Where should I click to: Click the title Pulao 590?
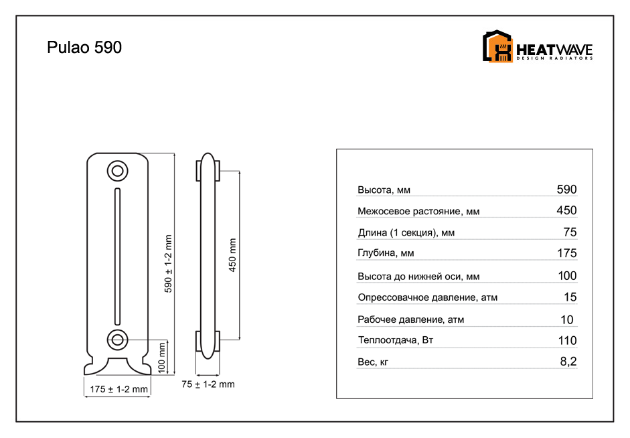(x=84, y=48)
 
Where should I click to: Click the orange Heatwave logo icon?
(x=497, y=46)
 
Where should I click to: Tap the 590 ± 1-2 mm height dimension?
(x=168, y=264)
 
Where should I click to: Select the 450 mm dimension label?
(x=232, y=255)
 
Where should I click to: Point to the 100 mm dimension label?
(x=162, y=357)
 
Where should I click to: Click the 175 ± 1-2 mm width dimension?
(x=119, y=389)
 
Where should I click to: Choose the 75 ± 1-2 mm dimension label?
(x=208, y=384)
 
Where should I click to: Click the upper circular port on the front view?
(x=117, y=171)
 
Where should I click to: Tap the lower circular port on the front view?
(x=117, y=340)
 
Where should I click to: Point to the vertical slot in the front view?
(x=117, y=257)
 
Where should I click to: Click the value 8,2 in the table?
(x=568, y=361)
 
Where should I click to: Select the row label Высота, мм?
(x=384, y=190)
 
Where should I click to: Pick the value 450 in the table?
(x=566, y=210)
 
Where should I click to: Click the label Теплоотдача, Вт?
(x=396, y=340)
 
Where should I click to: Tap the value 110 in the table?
(x=567, y=340)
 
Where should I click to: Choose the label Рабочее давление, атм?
(x=410, y=319)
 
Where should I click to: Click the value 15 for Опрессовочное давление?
(x=570, y=297)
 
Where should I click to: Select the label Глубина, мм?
(x=386, y=253)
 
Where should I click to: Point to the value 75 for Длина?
(x=570, y=232)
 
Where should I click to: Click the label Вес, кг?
(x=373, y=362)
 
